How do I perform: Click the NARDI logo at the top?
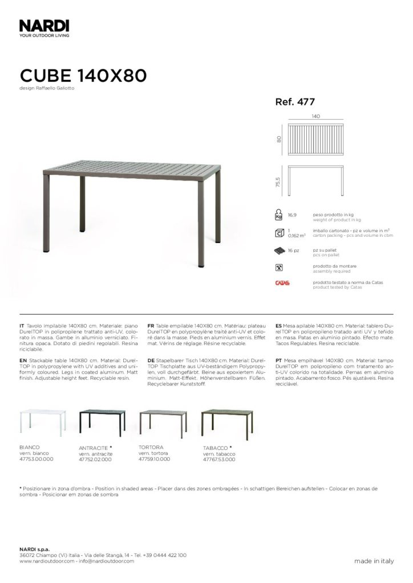point(44,25)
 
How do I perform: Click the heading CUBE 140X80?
point(83,76)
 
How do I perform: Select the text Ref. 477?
point(295,102)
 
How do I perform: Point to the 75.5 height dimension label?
point(278,182)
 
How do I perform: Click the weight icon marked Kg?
point(279,216)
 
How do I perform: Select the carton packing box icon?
point(279,233)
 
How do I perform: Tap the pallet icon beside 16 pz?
point(279,251)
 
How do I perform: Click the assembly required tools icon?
point(279,267)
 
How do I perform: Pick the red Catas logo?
point(282,283)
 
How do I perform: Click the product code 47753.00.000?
point(36,458)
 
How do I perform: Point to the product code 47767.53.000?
point(218,458)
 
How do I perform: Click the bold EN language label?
point(23,362)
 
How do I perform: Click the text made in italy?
point(374,561)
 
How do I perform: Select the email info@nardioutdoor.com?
point(106,561)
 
